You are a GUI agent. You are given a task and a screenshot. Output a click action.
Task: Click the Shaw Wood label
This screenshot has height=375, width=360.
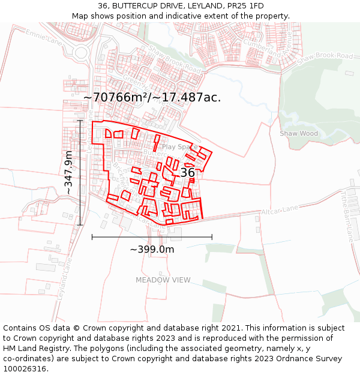pyautogui.click(x=299, y=133)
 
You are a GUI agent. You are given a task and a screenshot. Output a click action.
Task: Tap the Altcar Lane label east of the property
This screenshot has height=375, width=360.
pyautogui.click(x=279, y=209)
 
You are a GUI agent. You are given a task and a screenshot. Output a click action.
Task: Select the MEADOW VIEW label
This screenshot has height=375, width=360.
pyautogui.click(x=163, y=280)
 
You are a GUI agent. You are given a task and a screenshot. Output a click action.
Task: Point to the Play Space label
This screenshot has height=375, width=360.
pyautogui.click(x=179, y=147)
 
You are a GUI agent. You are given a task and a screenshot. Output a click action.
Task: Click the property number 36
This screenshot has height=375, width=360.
pyautogui.click(x=188, y=173)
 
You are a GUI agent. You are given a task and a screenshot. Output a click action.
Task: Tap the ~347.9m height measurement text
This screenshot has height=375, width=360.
pyautogui.click(x=69, y=172)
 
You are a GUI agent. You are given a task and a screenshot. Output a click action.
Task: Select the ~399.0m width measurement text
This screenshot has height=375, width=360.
pyautogui.click(x=152, y=249)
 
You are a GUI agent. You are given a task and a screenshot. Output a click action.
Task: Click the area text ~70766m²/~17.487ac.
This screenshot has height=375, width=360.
pyautogui.click(x=152, y=97)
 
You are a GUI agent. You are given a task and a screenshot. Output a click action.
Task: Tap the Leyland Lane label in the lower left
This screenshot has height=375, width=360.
pyautogui.click(x=65, y=279)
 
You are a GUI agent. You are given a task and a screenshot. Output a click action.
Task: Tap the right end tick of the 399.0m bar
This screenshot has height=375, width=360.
pyautogui.click(x=212, y=237)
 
